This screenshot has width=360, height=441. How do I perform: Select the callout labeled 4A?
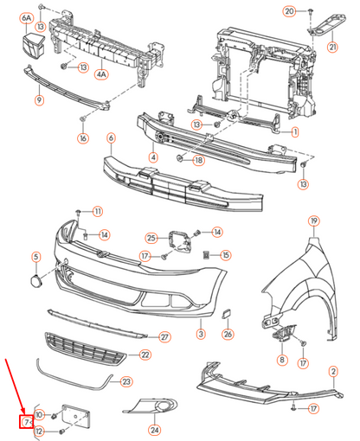[x=101, y=75]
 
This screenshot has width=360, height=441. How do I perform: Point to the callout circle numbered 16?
[x=83, y=138]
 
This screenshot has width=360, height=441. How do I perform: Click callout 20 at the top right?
[x=290, y=11]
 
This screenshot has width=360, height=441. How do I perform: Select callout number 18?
[x=198, y=161]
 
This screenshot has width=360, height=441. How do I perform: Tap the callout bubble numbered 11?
[x=97, y=211]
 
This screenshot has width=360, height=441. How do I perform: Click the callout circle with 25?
[x=151, y=238]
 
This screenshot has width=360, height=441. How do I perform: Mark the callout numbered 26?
[x=228, y=334]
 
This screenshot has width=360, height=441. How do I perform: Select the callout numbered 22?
[x=145, y=355]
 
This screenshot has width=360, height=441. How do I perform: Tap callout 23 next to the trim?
[x=126, y=380]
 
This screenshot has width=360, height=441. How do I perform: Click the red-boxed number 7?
[x=28, y=421]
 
